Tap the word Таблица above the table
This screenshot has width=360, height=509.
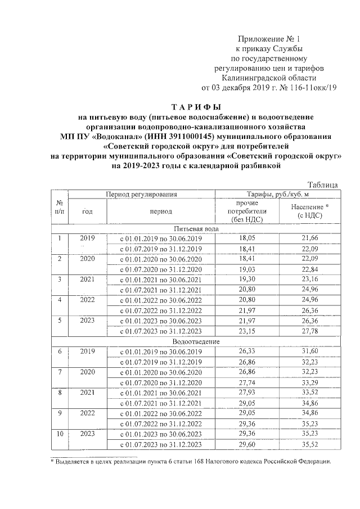point(323,184)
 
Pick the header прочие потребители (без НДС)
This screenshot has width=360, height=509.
point(247,211)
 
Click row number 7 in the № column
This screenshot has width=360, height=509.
point(60,372)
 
